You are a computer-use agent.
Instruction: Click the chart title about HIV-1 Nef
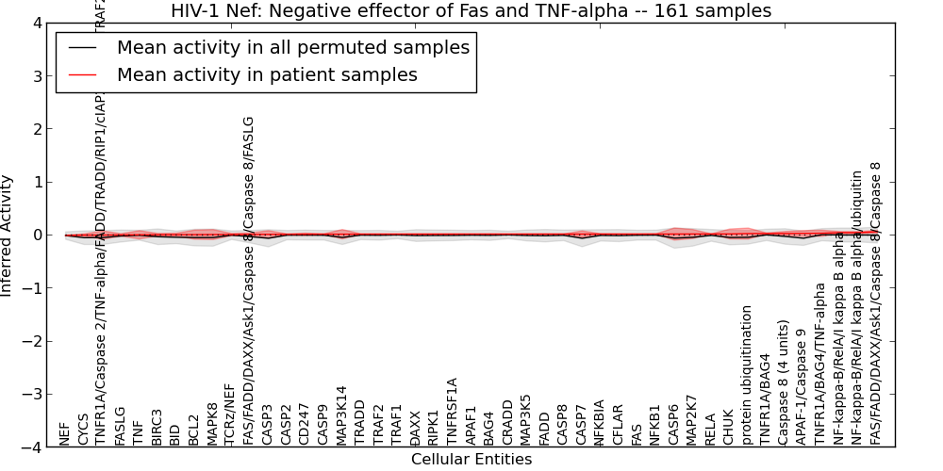click(471, 11)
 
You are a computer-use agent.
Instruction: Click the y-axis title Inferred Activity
click(8, 235)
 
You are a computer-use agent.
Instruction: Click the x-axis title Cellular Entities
click(471, 460)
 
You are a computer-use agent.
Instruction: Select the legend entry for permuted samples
click(292, 48)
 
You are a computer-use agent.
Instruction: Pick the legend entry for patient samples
click(267, 74)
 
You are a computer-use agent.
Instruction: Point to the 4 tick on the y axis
click(36, 24)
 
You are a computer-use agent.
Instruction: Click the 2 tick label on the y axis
click(36, 129)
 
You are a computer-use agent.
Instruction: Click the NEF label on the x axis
click(65, 433)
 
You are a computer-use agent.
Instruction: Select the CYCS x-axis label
click(83, 430)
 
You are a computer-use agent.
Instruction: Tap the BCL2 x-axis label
click(194, 430)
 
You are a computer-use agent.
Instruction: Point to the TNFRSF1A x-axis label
click(453, 411)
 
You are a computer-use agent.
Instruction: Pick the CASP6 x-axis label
click(673, 427)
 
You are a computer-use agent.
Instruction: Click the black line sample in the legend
click(85, 48)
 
